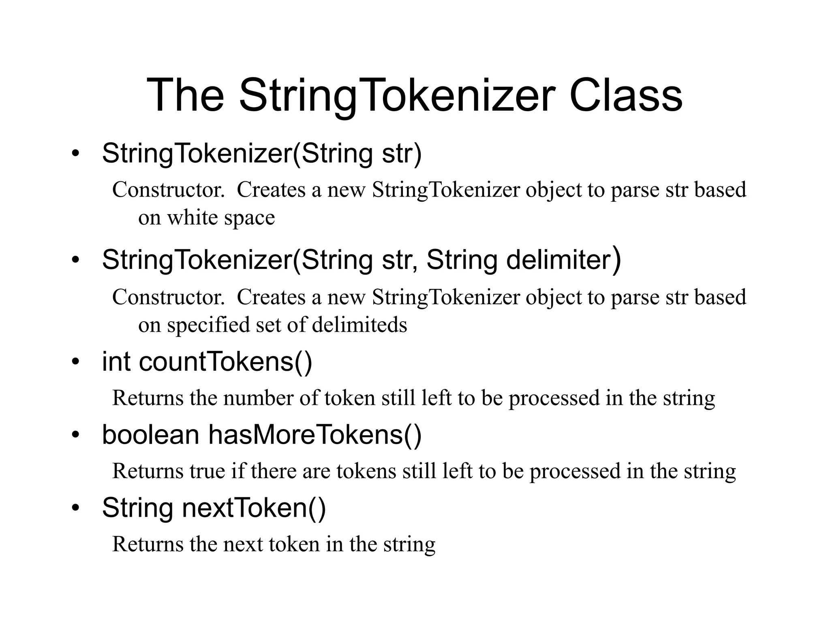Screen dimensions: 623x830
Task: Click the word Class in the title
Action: click(x=626, y=96)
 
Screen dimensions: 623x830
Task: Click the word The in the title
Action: click(x=185, y=96)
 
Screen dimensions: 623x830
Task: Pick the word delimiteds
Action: click(x=359, y=324)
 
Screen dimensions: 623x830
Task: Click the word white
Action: click(x=193, y=218)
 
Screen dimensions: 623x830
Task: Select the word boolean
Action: click(x=150, y=435)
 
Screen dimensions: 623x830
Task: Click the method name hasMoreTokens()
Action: click(x=315, y=435)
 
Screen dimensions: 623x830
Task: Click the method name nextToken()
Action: click(x=254, y=508)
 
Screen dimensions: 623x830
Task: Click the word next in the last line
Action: click(x=243, y=544)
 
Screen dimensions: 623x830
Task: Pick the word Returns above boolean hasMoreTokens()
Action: click(x=148, y=398)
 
